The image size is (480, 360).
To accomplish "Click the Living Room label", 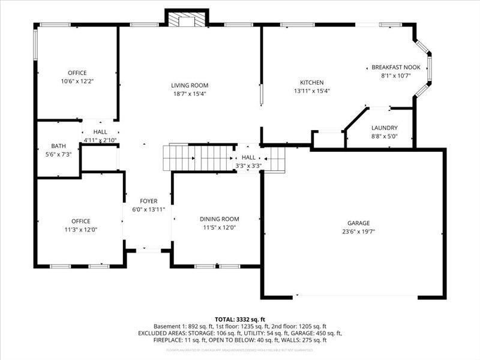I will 190,85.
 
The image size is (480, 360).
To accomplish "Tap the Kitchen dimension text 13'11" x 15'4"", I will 312,91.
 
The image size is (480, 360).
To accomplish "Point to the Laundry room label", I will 384,128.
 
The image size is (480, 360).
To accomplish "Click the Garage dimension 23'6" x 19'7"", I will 359,231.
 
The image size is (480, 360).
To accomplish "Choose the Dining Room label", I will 219,219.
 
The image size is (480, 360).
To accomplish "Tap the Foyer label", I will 148,201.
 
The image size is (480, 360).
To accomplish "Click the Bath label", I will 58,146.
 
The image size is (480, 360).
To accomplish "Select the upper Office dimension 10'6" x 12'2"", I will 77,81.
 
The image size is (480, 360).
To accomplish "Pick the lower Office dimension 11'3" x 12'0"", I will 80,229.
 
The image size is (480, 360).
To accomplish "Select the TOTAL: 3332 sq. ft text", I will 239,319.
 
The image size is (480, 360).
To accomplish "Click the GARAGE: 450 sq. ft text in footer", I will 322,333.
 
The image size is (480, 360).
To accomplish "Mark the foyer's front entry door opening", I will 148,248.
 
